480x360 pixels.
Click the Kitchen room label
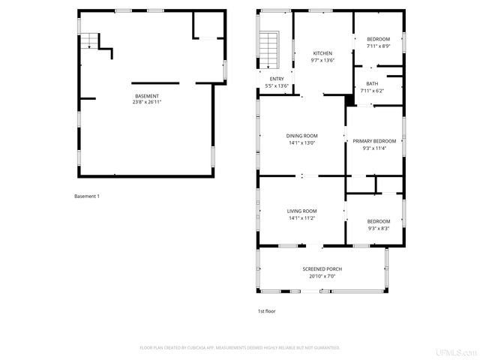click(322, 53)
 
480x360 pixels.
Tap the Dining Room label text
click(301, 136)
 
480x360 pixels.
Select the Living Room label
click(301, 211)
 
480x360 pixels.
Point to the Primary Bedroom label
click(373, 141)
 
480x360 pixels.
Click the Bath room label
click(372, 83)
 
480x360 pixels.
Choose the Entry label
click(277, 79)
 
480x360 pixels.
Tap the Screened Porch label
click(322, 268)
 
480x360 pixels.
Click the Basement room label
click(147, 96)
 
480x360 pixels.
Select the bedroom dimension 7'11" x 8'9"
click(378, 46)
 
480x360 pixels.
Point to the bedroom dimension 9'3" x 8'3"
click(378, 229)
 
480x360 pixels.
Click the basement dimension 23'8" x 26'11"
click(147, 103)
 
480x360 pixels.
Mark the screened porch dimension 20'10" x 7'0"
click(322, 276)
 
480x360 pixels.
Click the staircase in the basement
click(90, 40)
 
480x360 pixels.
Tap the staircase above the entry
click(268, 49)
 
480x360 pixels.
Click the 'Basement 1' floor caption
click(87, 196)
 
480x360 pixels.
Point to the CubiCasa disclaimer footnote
click(240, 348)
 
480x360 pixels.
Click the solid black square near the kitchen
click(349, 100)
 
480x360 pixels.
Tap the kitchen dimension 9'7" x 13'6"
click(322, 61)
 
